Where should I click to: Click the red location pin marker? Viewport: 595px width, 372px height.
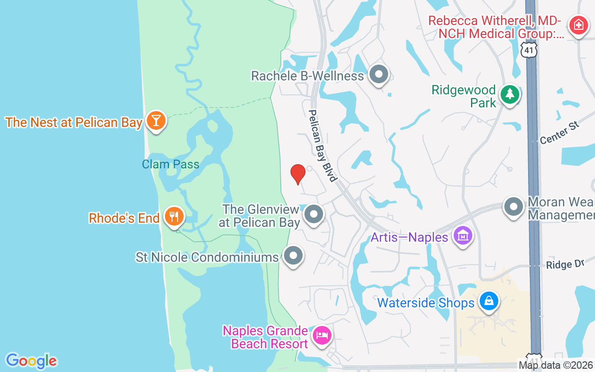tap(297, 174)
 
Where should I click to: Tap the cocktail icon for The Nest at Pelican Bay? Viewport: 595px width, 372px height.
tap(156, 121)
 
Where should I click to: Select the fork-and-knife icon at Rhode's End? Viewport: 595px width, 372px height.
tap(174, 217)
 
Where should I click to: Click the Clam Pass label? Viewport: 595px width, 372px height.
tap(171, 164)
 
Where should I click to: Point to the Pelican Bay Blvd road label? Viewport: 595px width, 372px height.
tap(322, 146)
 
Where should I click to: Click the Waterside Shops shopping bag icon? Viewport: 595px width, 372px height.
tap(489, 301)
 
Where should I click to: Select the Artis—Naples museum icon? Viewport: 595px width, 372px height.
tap(463, 236)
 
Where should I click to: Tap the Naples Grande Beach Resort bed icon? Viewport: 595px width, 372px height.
tap(322, 335)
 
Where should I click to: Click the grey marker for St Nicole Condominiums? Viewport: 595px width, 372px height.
tap(293, 256)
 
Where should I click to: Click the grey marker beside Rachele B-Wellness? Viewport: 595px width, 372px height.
tap(379, 74)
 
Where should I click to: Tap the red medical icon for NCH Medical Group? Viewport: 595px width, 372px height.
tap(578, 24)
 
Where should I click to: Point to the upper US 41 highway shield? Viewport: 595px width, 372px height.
tap(529, 49)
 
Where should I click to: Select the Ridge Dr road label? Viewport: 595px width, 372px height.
tap(564, 265)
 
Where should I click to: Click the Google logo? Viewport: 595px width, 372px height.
tap(31, 361)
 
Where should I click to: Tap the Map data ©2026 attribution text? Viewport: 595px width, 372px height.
tap(556, 365)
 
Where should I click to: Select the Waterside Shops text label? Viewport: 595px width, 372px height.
tap(425, 303)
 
